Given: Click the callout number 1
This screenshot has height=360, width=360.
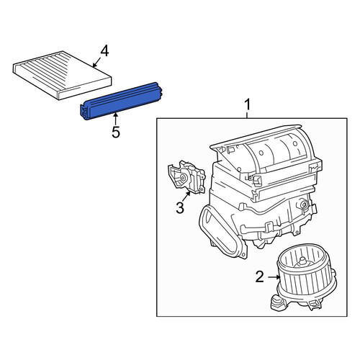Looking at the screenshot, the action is [247, 105].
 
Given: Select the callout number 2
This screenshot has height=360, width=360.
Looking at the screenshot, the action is [260, 277].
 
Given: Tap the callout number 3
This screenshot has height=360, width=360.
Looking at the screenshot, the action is [180, 208].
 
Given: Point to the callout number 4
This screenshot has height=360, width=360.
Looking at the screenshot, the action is [104, 51].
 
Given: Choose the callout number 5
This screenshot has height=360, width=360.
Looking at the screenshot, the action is [116, 132].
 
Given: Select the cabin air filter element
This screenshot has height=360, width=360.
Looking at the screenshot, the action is [62, 75].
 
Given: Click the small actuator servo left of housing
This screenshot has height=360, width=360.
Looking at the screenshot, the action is [186, 177].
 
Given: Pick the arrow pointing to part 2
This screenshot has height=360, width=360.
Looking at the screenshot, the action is [274, 277].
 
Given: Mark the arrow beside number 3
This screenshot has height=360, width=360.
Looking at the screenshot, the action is [186, 197].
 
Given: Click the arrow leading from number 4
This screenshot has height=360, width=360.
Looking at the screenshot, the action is [96, 62].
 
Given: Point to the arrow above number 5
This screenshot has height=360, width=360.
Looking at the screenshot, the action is [116, 119].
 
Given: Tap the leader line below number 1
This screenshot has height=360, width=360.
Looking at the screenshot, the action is [247, 115].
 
